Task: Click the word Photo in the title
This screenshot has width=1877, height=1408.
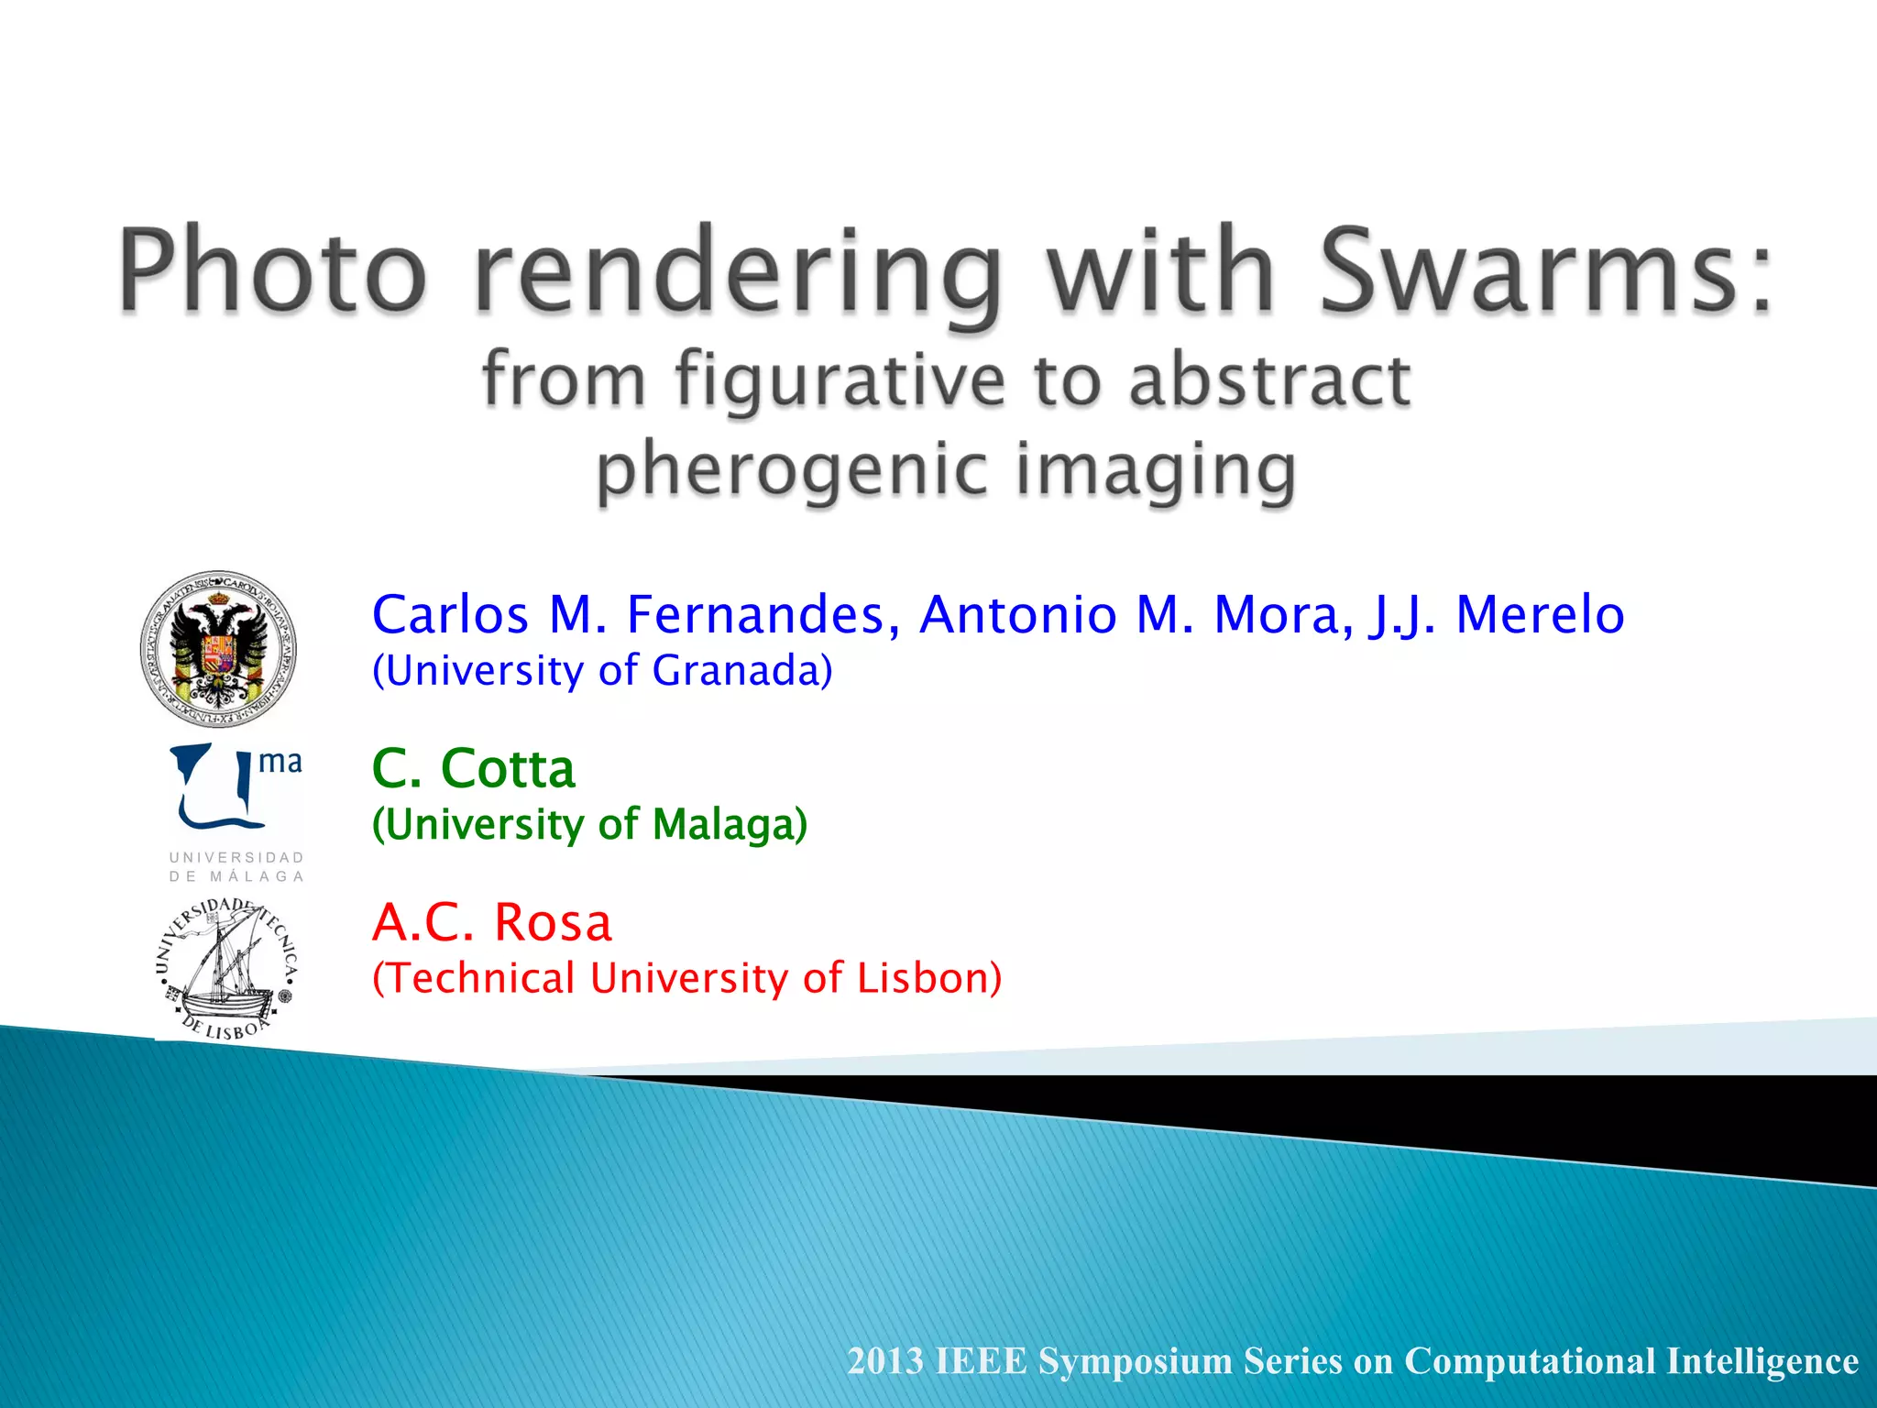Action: point(273,272)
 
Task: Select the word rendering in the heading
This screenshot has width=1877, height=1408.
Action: point(738,275)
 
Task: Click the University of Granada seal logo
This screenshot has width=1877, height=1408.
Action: point(218,649)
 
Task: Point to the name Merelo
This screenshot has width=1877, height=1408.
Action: point(1540,614)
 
